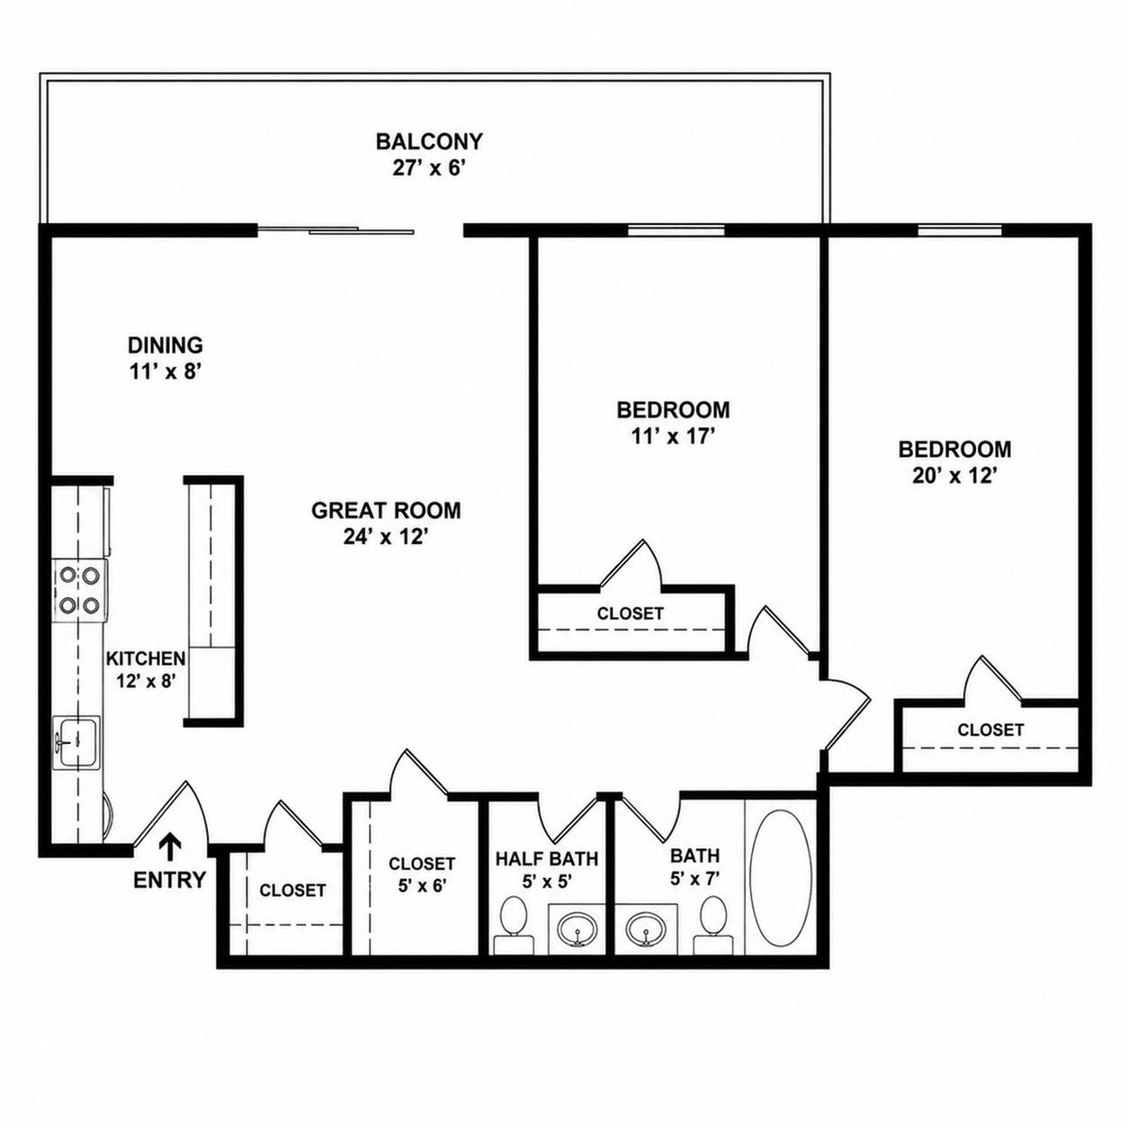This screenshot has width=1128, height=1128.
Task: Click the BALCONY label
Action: pyautogui.click(x=429, y=141)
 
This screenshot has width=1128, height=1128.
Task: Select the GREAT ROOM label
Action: pyautogui.click(x=386, y=510)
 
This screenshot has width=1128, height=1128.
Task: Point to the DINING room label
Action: pyautogui.click(x=166, y=345)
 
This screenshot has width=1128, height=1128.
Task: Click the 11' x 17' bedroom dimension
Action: pyautogui.click(x=673, y=436)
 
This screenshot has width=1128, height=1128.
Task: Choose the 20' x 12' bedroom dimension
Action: pyautogui.click(x=954, y=476)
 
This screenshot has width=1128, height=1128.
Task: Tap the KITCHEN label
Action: pyautogui.click(x=146, y=658)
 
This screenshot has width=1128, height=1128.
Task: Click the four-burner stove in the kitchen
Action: pyautogui.click(x=79, y=590)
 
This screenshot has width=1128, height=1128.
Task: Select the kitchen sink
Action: pyautogui.click(x=76, y=742)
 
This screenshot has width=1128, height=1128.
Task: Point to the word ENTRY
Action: pyautogui.click(x=170, y=880)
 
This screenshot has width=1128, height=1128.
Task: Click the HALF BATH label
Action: pyautogui.click(x=547, y=859)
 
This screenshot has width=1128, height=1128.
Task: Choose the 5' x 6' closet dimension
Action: pyautogui.click(x=423, y=886)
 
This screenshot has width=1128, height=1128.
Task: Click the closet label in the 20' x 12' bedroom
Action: pyautogui.click(x=990, y=730)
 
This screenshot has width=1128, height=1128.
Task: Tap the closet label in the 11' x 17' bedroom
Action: pyautogui.click(x=631, y=613)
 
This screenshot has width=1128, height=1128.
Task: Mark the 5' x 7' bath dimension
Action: pyautogui.click(x=694, y=879)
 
